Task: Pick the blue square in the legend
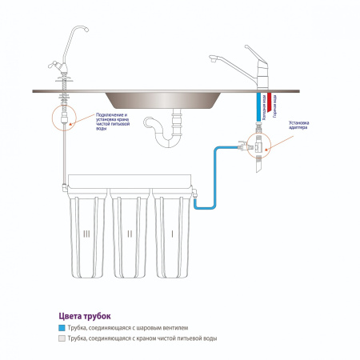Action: (62, 328)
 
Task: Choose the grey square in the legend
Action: (62, 339)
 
